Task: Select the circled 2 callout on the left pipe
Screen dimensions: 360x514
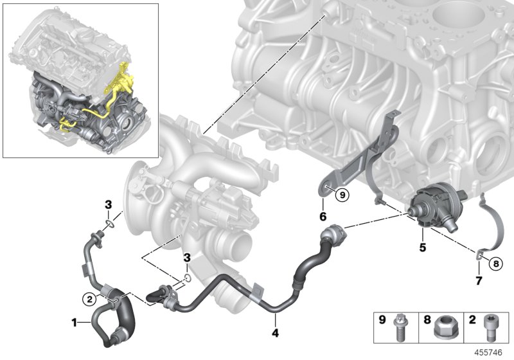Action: point(92,297)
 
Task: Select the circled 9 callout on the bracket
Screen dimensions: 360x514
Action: point(342,194)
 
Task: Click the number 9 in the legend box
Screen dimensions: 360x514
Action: point(382,319)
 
